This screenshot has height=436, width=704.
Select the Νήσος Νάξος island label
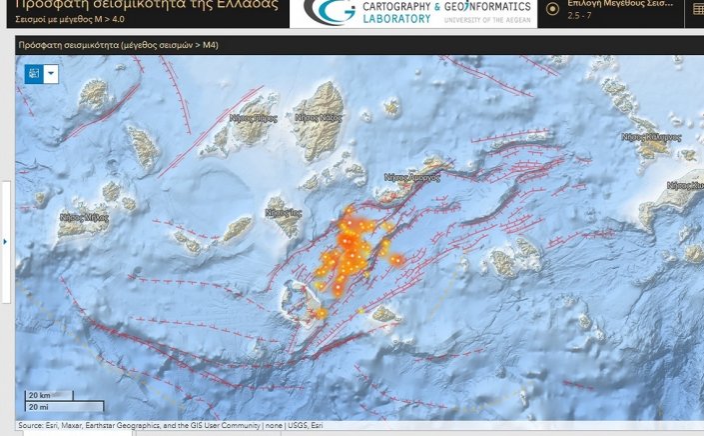pyautogui.click(x=318, y=117)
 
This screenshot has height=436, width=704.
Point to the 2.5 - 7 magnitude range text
pyautogui.click(x=580, y=17)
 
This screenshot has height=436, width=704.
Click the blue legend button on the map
pyautogui.click(x=33, y=73)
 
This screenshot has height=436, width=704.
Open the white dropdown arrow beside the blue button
pyautogui.click(x=51, y=73)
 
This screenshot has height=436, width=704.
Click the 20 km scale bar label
pyautogui.click(x=40, y=395)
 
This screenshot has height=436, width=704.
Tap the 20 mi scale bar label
pyautogui.click(x=39, y=406)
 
